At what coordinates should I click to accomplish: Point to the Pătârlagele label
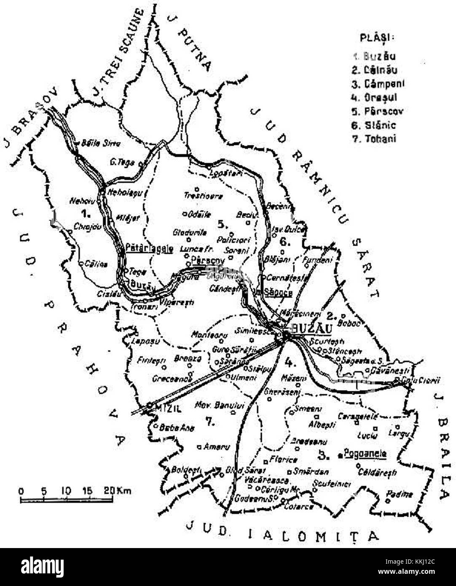coord(149,248)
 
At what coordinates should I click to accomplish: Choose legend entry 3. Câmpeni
coord(378,84)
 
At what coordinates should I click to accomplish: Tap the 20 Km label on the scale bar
coord(119,491)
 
